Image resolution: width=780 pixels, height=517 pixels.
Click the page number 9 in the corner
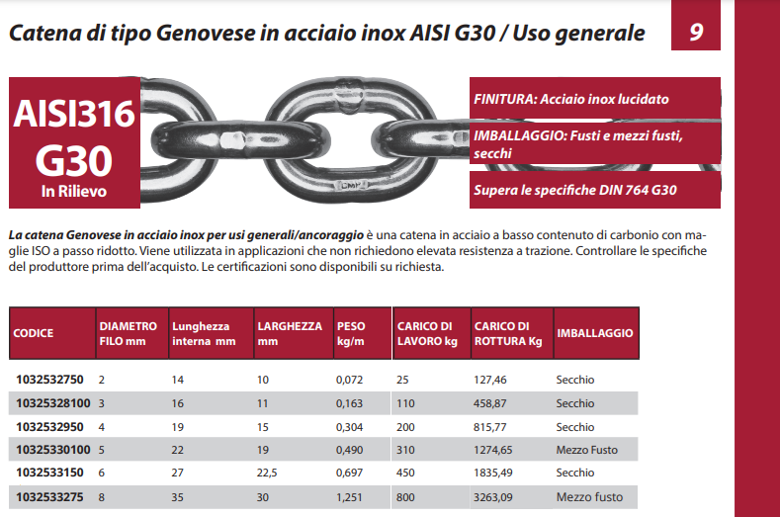[x=696, y=33]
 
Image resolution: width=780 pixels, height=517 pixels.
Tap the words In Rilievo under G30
[x=74, y=191]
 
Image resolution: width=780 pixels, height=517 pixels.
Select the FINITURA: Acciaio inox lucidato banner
[x=571, y=99]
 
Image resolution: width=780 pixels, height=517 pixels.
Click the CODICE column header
[x=34, y=334]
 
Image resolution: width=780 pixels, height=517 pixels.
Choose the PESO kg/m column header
[x=352, y=334]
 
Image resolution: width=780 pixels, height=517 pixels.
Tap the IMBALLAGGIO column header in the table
[x=594, y=334]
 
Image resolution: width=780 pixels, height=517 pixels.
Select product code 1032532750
[x=49, y=380]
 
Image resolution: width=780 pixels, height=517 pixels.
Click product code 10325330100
[x=53, y=450]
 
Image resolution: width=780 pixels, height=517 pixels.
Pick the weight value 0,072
[x=350, y=380]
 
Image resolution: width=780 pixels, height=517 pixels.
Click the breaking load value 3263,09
[x=498, y=496]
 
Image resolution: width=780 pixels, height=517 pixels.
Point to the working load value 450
[x=406, y=473]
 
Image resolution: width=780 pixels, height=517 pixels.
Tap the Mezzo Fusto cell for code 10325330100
[x=586, y=450]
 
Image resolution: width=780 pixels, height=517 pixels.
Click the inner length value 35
[x=178, y=496]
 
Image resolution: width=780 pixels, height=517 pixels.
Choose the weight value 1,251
[x=350, y=496]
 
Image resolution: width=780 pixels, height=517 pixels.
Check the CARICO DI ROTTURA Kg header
[x=502, y=334]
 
